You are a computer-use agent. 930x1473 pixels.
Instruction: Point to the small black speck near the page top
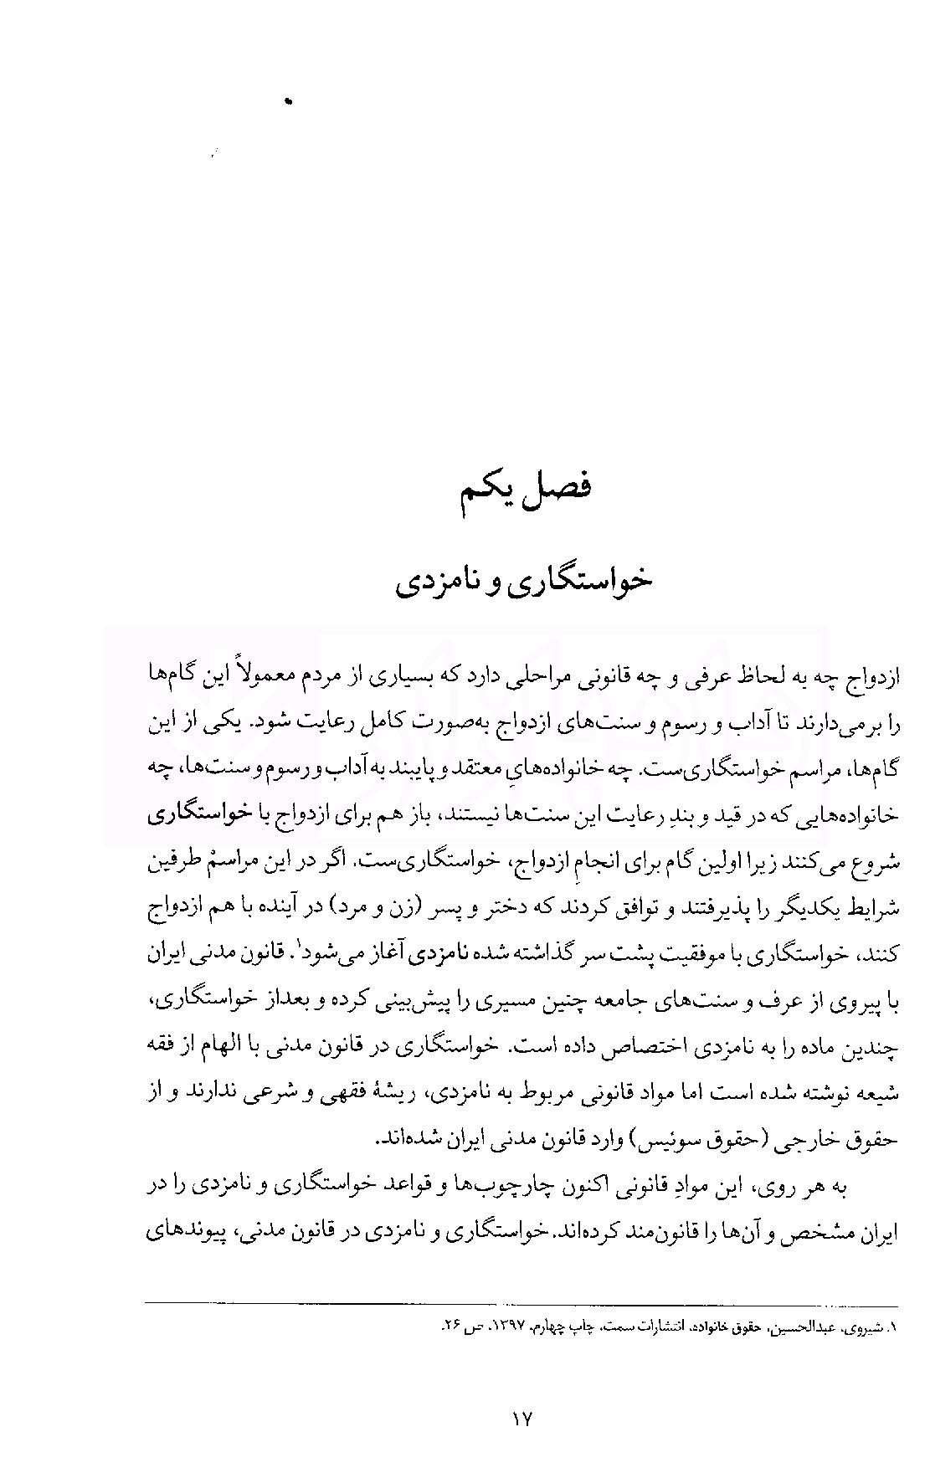(290, 101)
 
